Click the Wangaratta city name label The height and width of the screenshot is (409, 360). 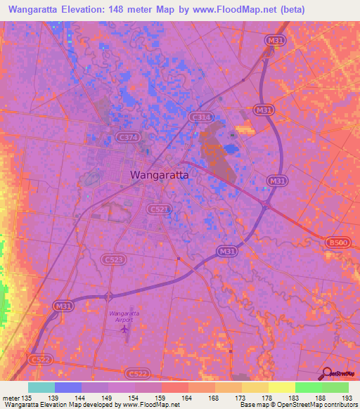point(160,176)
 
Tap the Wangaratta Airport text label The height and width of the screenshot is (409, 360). point(124,315)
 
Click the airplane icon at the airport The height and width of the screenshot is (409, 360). point(125,328)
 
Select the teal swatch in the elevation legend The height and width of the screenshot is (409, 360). point(41,387)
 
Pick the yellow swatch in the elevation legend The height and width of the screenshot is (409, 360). point(282,387)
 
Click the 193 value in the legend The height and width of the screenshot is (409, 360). point(348,398)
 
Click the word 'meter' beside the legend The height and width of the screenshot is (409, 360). point(10,398)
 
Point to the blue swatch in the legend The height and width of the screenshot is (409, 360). point(68,387)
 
